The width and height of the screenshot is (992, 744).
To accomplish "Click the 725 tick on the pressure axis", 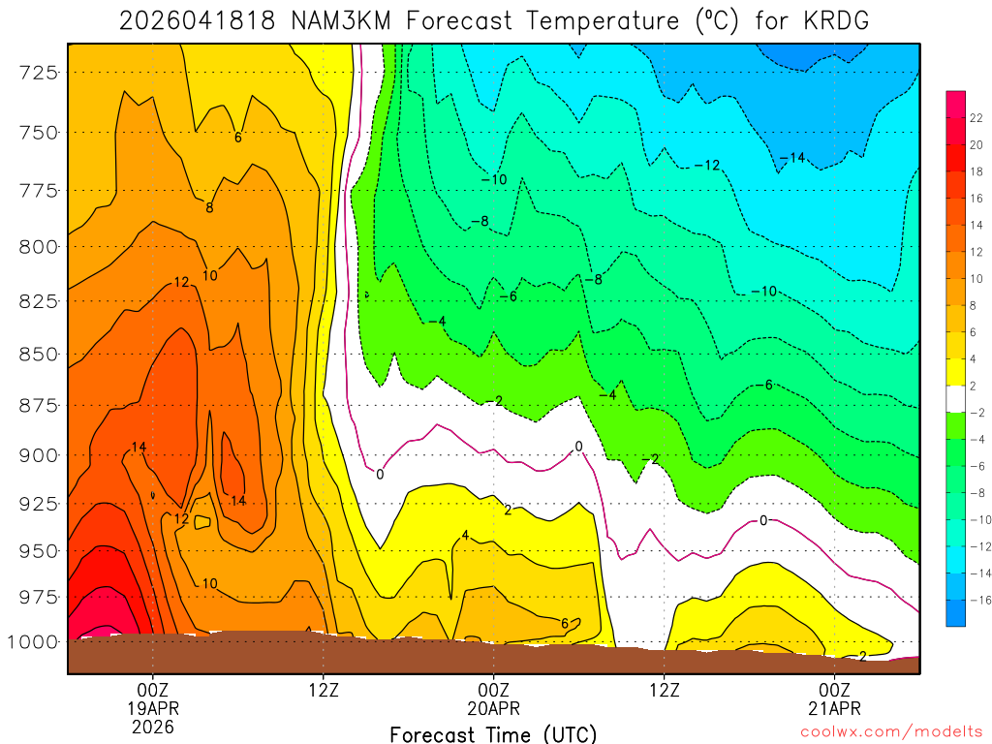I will coord(42,72).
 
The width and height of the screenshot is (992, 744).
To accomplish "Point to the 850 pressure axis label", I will coord(42,354).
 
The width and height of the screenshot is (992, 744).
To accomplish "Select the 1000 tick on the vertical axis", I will coord(38,641).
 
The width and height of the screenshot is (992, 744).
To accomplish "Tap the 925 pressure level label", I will coord(42,504).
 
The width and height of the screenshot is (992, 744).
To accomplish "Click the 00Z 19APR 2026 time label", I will coord(152,707).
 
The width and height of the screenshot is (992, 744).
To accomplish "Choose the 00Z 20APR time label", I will coord(494,698).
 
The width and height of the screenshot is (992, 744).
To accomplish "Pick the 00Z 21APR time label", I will coord(835,698).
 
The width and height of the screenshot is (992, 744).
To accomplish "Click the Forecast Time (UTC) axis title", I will coord(493,733).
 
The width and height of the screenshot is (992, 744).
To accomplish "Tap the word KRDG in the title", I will coord(835,20).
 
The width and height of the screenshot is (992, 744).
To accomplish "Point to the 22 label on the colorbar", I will coord(976,118).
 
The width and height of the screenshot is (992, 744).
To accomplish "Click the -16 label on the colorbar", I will coord(978,600).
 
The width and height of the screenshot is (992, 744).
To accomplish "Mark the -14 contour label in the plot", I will coord(792,157).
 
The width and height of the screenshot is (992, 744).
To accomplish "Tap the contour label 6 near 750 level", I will coord(237,138).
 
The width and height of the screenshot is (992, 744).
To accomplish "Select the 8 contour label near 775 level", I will coord(209,206).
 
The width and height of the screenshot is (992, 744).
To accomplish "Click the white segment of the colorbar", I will coord(955,398).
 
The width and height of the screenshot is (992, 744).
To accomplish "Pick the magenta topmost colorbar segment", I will coord(955,98).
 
